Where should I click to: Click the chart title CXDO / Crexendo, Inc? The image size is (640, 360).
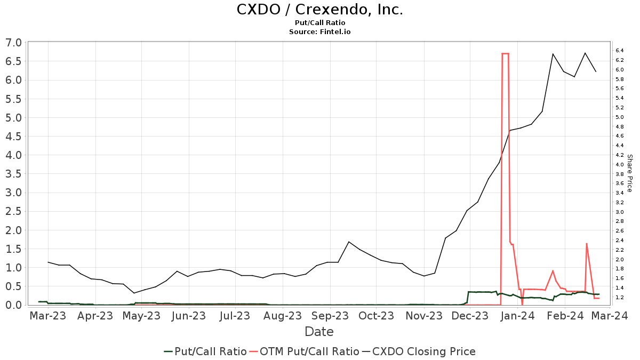pos(319,10)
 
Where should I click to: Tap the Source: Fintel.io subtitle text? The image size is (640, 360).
pos(319,32)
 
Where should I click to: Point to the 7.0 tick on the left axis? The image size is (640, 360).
pos(14,43)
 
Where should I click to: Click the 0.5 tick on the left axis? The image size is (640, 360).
pos(14,286)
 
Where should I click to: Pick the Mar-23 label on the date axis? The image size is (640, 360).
pos(48,316)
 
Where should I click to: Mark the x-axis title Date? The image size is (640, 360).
pos(319,332)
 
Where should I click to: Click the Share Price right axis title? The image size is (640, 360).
pos(629,173)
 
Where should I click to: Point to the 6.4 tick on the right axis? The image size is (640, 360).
pos(620,51)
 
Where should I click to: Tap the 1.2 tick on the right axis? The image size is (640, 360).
pos(620,297)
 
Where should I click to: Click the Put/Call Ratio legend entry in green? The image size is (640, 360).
pos(205,351)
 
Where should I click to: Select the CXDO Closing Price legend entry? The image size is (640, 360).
pos(419,351)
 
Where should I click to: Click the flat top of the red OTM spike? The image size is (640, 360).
pos(505,53)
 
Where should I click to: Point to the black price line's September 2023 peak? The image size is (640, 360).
pos(348,242)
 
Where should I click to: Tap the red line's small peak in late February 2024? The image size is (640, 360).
pos(587,244)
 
